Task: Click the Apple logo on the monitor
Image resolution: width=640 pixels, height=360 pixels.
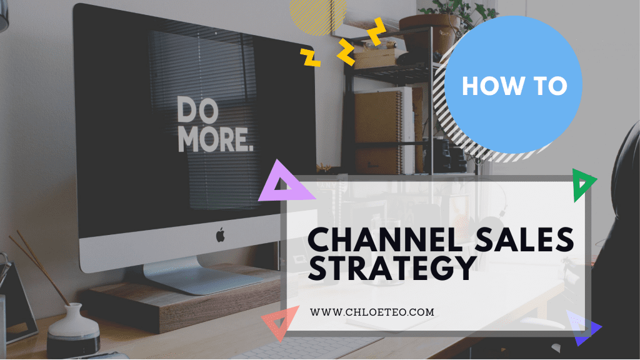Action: tap(220, 235)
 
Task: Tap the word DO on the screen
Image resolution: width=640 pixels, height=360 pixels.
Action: tap(197, 111)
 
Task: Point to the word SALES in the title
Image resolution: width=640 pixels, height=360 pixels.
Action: tap(533, 239)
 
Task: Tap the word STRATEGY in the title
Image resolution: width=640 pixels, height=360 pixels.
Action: tap(390, 268)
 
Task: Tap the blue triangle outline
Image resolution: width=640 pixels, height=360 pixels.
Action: tap(584, 327)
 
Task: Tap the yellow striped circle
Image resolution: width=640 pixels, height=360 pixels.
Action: tap(318, 14)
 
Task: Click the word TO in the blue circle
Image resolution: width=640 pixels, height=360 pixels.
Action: tap(551, 86)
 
